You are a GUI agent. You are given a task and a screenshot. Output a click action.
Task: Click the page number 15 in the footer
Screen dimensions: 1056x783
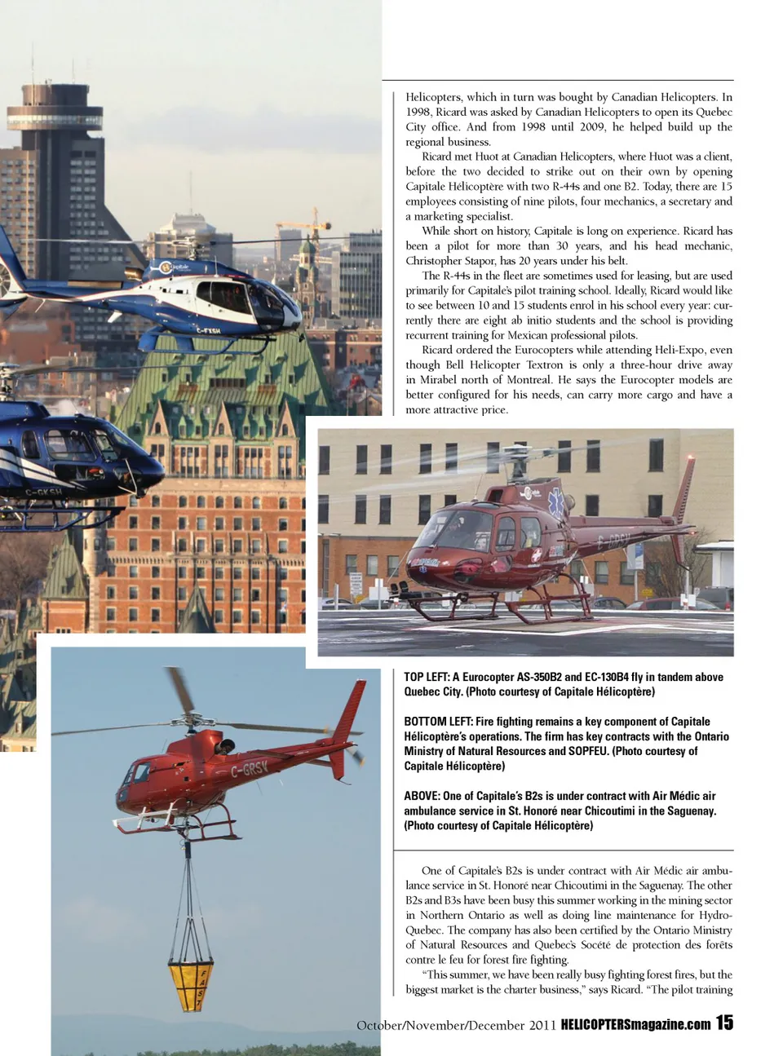point(724,1023)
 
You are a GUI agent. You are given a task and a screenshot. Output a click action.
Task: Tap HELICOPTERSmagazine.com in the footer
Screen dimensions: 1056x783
point(635,1024)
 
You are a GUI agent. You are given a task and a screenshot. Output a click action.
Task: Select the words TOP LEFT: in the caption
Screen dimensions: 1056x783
point(426,677)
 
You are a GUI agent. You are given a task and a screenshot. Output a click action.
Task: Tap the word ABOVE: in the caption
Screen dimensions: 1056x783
point(422,796)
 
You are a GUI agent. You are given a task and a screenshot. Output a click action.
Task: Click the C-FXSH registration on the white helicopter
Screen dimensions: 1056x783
point(208,330)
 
